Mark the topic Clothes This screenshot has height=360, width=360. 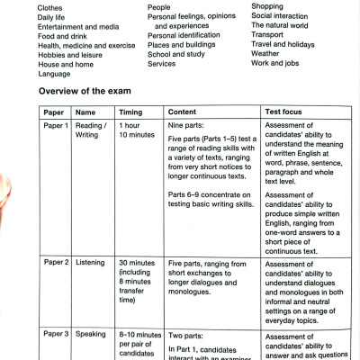point(25,8)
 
